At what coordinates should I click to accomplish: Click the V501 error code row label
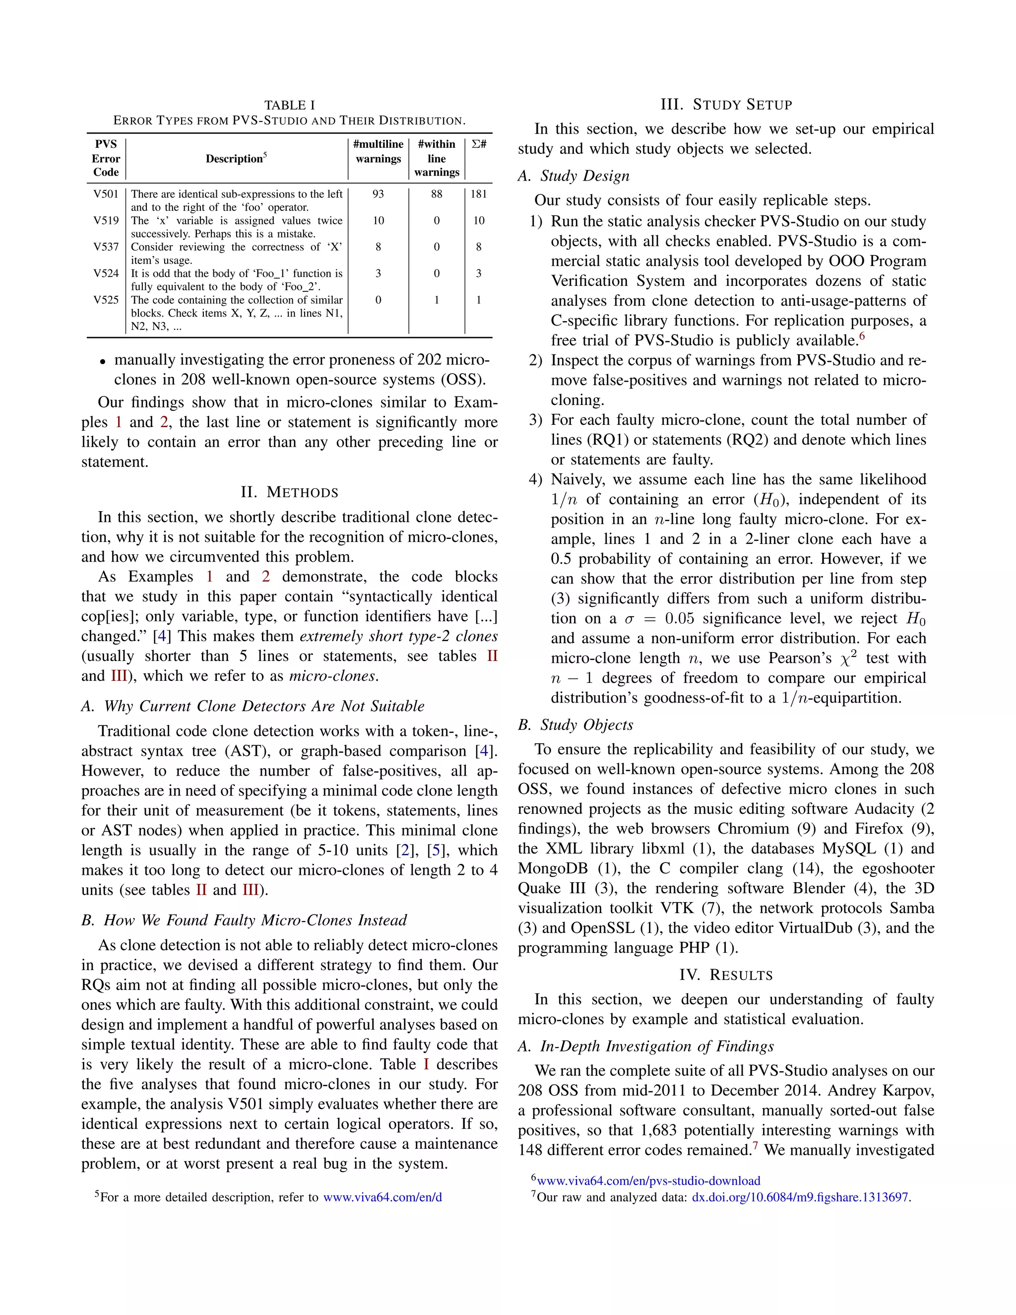point(106,194)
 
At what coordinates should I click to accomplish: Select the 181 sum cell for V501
point(479,194)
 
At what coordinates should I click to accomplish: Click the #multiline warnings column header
point(378,152)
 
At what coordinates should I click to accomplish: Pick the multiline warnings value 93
point(378,194)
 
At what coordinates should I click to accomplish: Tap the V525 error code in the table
point(106,300)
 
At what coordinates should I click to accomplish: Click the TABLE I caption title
point(290,105)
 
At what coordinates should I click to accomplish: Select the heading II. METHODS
point(290,493)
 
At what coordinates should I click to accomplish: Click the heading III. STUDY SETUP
point(726,105)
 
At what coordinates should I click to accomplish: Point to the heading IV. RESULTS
point(726,975)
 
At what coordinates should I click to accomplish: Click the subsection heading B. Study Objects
point(575,725)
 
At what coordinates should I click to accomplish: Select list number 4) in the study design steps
point(535,480)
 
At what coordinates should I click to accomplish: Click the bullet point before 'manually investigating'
point(103,361)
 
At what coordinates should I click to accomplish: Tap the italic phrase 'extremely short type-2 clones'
point(398,637)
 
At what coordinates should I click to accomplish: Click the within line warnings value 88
point(437,194)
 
